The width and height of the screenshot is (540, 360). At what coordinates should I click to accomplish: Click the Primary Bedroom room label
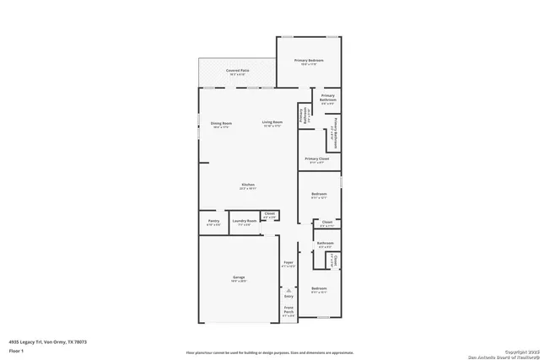click(x=309, y=62)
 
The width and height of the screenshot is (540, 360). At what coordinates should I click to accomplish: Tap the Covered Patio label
click(x=237, y=70)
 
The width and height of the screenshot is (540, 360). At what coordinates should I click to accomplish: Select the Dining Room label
click(x=221, y=123)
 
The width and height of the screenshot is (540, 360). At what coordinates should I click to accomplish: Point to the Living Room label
click(x=272, y=123)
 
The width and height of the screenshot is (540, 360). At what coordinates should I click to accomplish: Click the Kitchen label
click(x=248, y=185)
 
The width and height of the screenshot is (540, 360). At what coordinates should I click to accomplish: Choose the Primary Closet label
click(x=317, y=159)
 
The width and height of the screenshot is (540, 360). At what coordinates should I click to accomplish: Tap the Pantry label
click(x=213, y=222)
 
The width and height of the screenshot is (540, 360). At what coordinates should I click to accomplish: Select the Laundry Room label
click(x=245, y=222)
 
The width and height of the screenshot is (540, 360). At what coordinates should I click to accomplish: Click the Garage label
click(x=239, y=277)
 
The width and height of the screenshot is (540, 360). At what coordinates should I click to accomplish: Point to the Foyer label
click(x=288, y=264)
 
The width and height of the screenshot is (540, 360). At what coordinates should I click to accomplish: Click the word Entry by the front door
click(x=289, y=296)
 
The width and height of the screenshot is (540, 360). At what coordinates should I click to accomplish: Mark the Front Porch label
click(x=289, y=309)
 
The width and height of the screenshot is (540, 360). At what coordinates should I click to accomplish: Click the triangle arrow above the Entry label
click(x=289, y=289)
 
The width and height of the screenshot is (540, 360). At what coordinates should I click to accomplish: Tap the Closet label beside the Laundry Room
click(x=270, y=214)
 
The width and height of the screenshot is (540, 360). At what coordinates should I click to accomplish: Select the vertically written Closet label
click(x=334, y=260)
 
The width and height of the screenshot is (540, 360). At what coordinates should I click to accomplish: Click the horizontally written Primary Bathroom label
click(x=327, y=97)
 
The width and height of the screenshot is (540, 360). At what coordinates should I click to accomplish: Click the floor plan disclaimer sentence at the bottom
click(x=270, y=350)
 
